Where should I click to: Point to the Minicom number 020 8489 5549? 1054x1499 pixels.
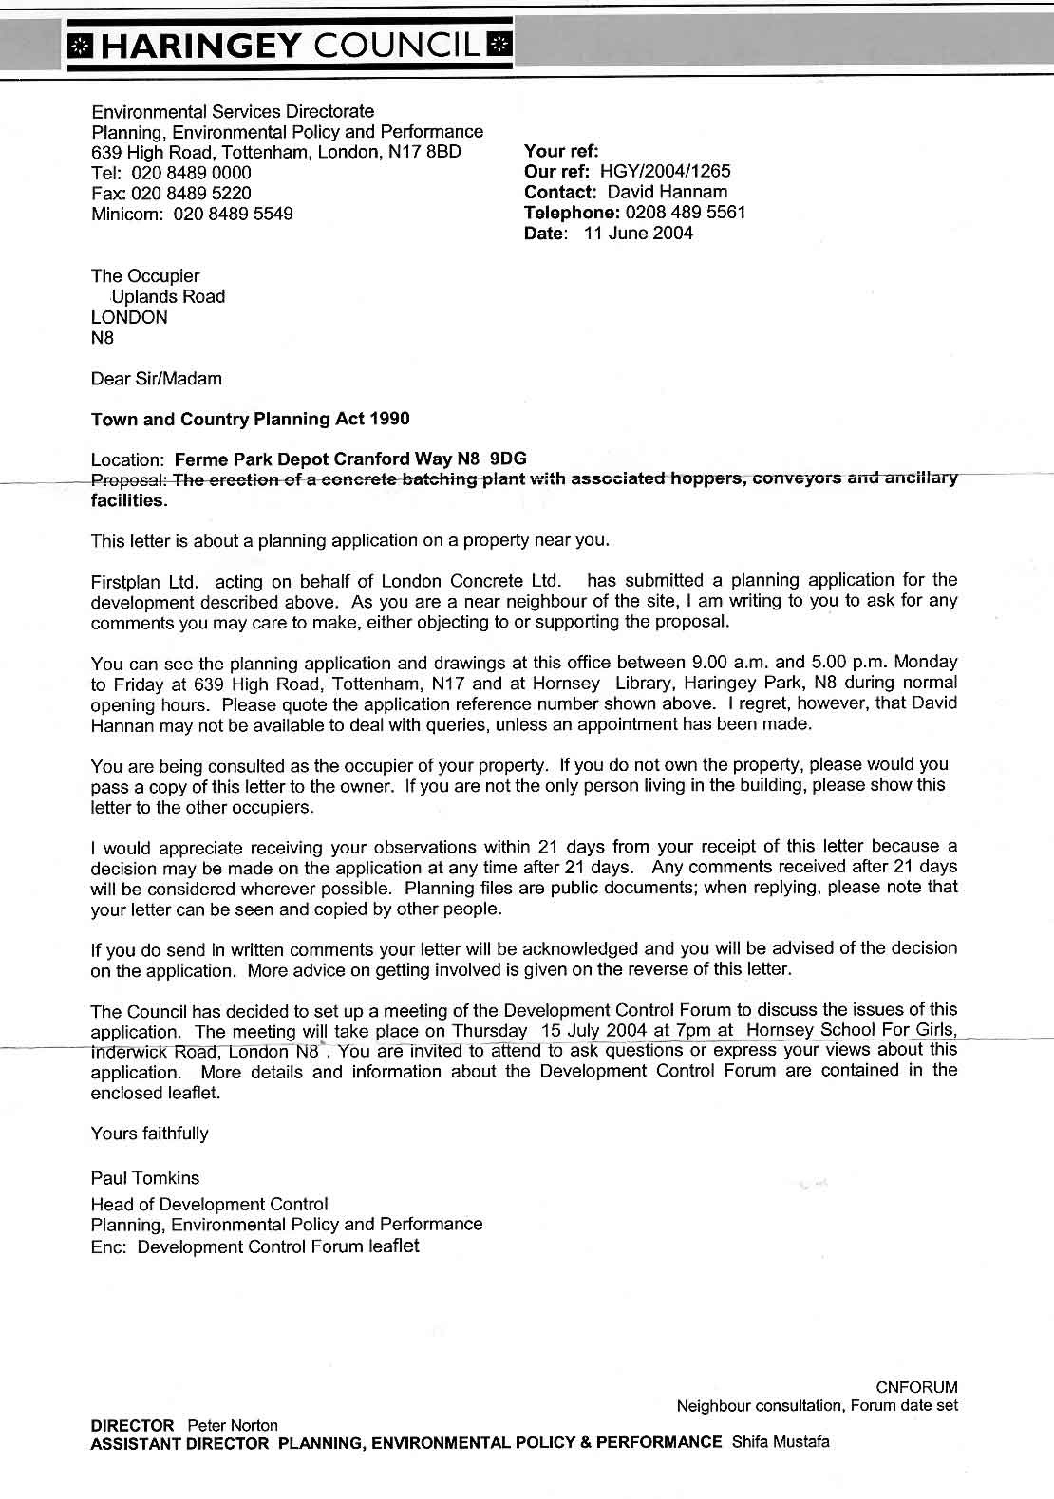coord(233,214)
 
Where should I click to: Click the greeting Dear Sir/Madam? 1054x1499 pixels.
coord(156,379)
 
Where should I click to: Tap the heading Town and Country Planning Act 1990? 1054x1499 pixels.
coord(251,419)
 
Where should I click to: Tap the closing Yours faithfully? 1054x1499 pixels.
coord(149,1133)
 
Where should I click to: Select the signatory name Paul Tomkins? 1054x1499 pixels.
coord(145,1178)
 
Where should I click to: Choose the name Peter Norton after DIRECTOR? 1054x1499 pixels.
coord(233,1426)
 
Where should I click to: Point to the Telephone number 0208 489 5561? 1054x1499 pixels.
coord(687,213)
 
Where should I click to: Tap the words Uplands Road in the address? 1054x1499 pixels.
coord(169,297)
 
